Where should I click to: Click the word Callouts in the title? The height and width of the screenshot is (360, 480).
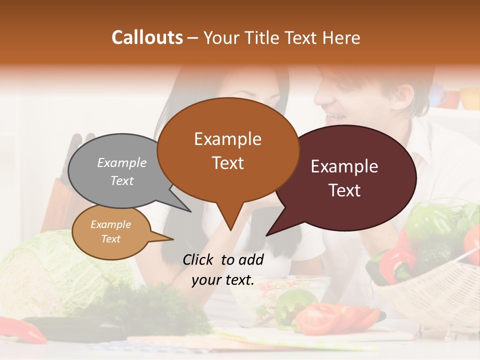click(147, 37)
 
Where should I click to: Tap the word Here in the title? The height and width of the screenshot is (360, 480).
click(342, 38)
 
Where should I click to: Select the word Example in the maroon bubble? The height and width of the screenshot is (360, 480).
click(344, 166)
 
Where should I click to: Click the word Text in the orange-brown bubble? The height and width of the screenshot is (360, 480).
click(228, 163)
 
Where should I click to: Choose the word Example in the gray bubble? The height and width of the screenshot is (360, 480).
click(122, 162)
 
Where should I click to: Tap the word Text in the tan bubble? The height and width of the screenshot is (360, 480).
click(111, 239)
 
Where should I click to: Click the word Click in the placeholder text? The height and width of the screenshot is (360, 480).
click(199, 259)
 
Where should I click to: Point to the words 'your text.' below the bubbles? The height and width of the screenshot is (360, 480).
click(223, 280)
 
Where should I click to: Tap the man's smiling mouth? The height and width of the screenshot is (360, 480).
click(333, 118)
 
